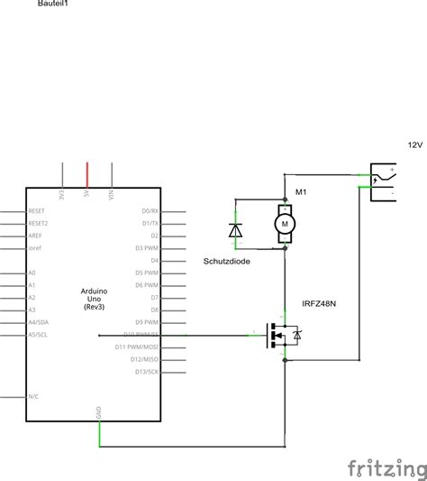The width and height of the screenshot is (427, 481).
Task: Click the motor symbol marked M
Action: point(285,220)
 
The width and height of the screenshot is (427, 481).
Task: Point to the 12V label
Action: point(414,144)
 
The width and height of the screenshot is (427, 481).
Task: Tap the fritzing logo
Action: point(387,467)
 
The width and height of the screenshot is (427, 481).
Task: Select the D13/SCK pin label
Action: point(147,371)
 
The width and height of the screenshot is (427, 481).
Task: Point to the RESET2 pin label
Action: point(39,222)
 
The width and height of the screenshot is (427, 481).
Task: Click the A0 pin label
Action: point(32,272)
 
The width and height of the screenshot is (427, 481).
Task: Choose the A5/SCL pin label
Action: point(39,335)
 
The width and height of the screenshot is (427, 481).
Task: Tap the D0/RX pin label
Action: point(150,210)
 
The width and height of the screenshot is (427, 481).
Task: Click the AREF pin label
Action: point(35,235)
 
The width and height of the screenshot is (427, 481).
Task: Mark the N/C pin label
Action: point(33,396)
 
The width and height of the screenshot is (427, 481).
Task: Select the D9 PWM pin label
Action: point(148,321)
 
